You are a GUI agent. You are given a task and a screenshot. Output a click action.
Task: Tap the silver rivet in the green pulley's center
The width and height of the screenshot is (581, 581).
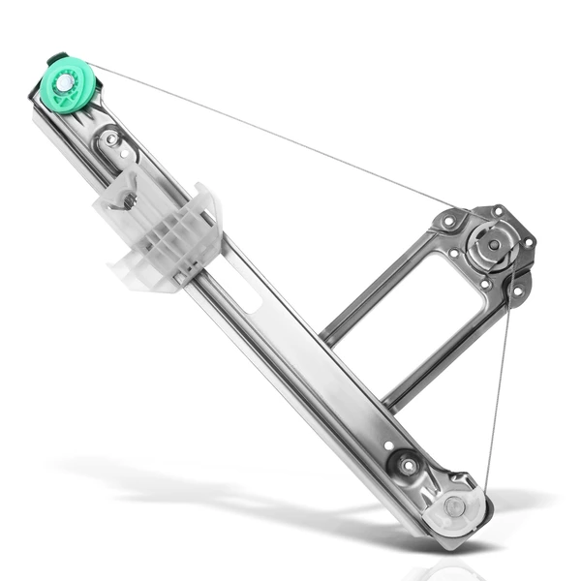[x=64, y=83]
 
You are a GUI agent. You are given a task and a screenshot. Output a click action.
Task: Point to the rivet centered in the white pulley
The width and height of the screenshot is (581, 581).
[x=454, y=506]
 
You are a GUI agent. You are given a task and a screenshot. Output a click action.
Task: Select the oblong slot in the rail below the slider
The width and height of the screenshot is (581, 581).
[x=241, y=290]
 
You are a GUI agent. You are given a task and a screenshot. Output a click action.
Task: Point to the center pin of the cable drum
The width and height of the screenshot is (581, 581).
[x=494, y=245]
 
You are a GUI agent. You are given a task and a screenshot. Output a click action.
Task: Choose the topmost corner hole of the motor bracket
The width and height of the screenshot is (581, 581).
[x=498, y=210]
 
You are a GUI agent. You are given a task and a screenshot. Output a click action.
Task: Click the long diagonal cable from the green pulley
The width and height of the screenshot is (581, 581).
[x=271, y=136]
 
